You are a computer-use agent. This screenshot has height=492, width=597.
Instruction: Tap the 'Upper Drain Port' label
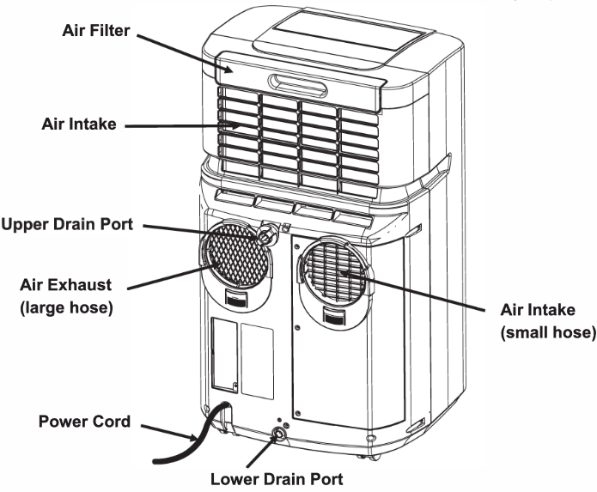(x=66, y=225)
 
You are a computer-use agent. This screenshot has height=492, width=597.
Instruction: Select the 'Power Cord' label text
(x=84, y=422)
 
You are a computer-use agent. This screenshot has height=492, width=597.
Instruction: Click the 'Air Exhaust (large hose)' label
(x=68, y=295)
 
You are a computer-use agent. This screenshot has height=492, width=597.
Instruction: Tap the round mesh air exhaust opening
(x=236, y=254)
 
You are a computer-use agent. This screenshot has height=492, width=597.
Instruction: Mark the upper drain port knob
(x=267, y=232)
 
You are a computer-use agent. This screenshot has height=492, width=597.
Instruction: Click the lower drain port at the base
(x=279, y=435)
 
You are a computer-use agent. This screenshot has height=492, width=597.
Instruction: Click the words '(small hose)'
(x=548, y=331)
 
